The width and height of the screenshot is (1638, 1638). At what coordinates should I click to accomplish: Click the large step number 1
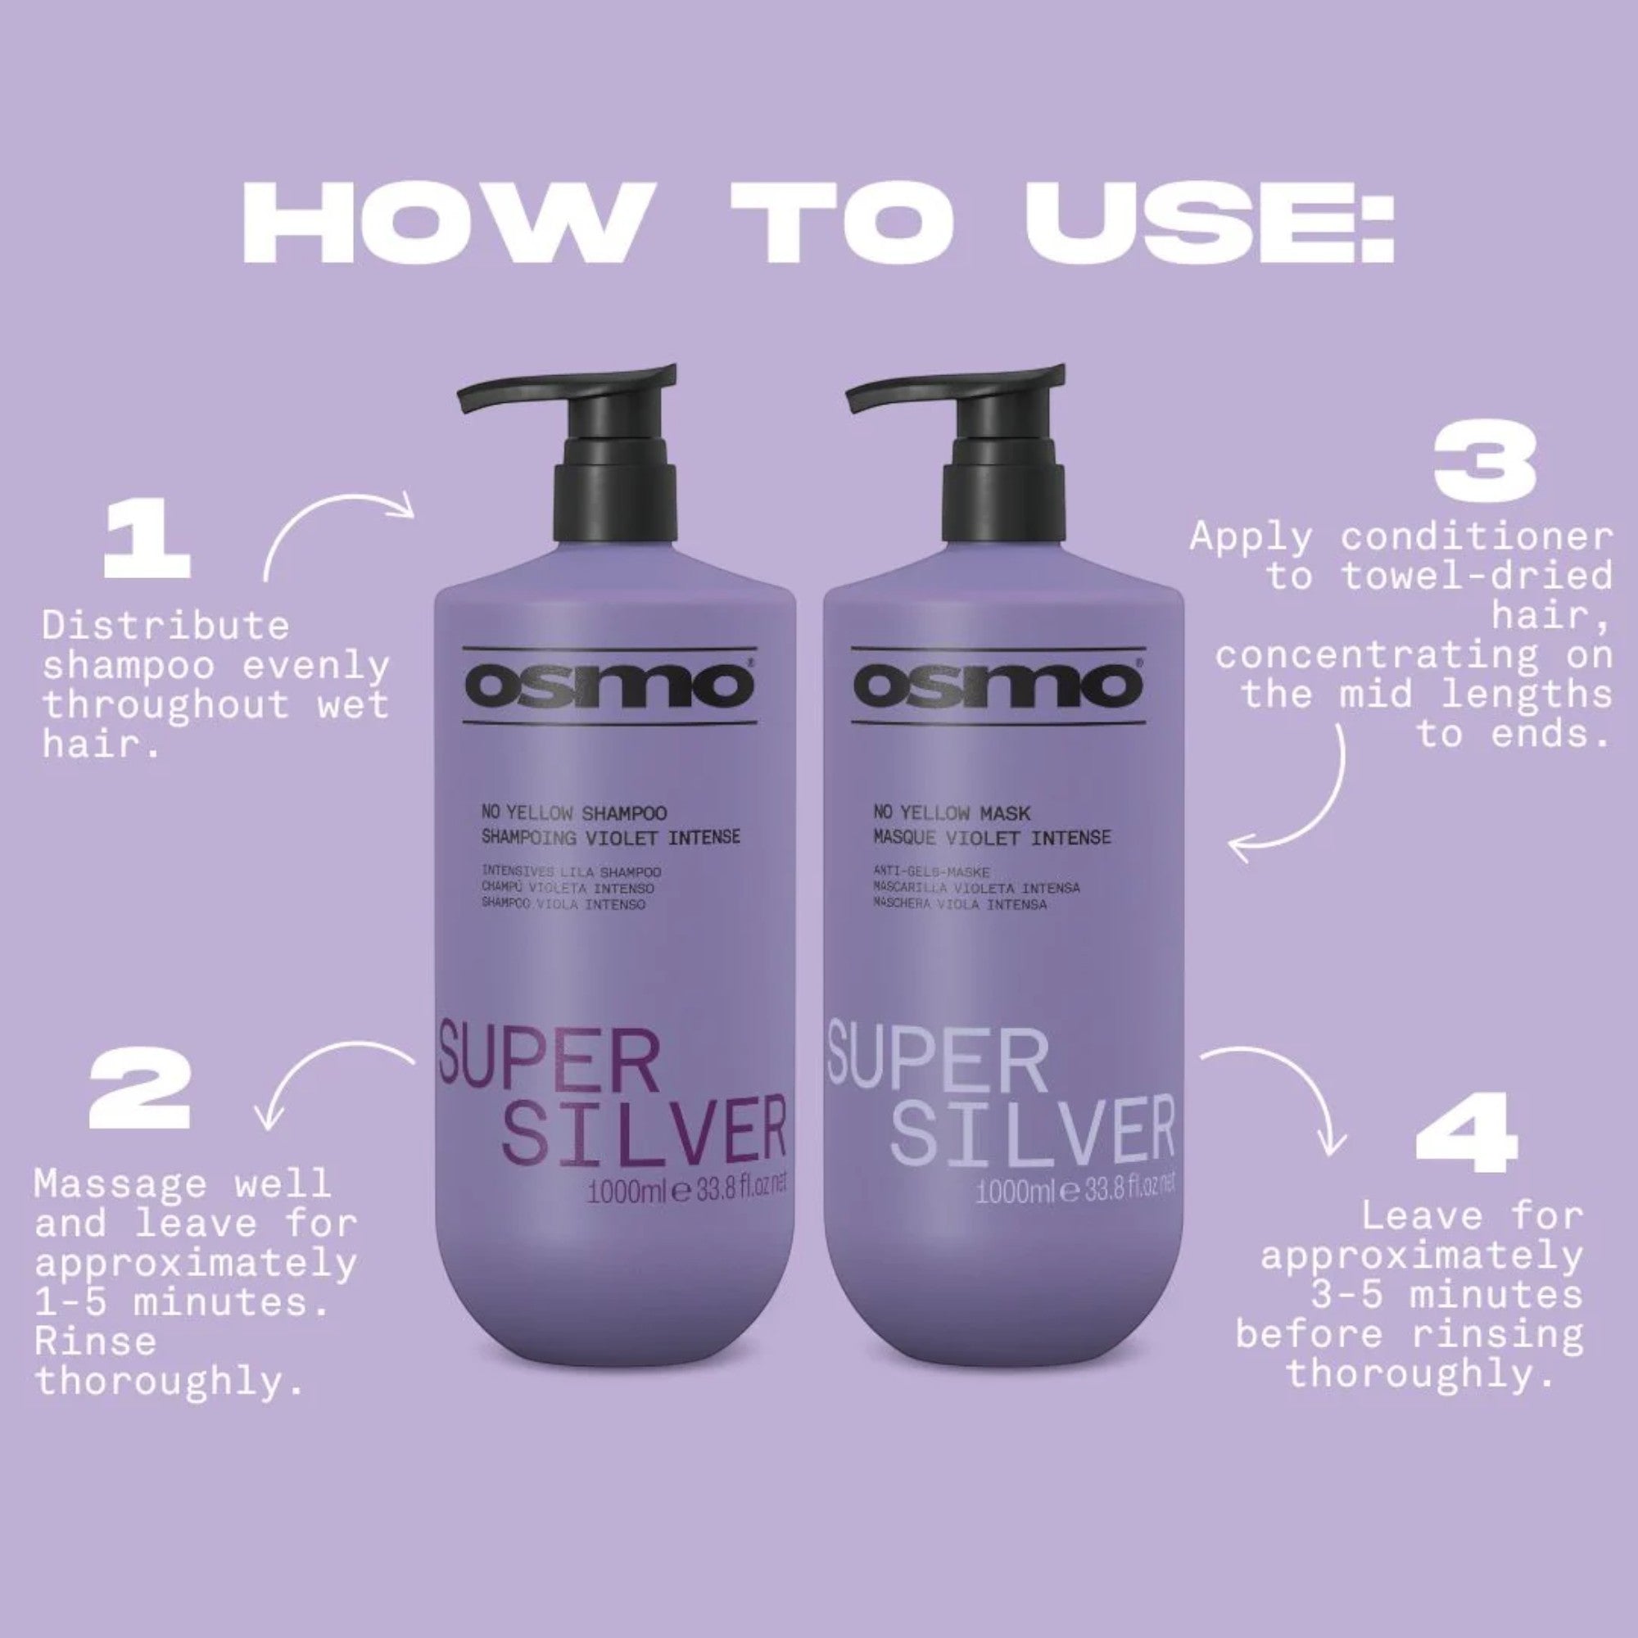(x=146, y=541)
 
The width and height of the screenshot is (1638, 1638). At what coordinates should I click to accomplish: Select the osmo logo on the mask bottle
(x=998, y=685)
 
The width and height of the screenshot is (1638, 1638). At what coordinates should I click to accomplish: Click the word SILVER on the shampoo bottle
(x=645, y=1133)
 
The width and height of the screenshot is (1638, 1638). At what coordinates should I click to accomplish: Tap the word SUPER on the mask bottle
(x=937, y=1060)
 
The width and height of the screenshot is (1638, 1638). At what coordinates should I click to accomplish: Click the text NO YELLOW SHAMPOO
(x=574, y=814)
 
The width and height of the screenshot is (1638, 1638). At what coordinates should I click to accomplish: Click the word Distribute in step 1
(x=165, y=627)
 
